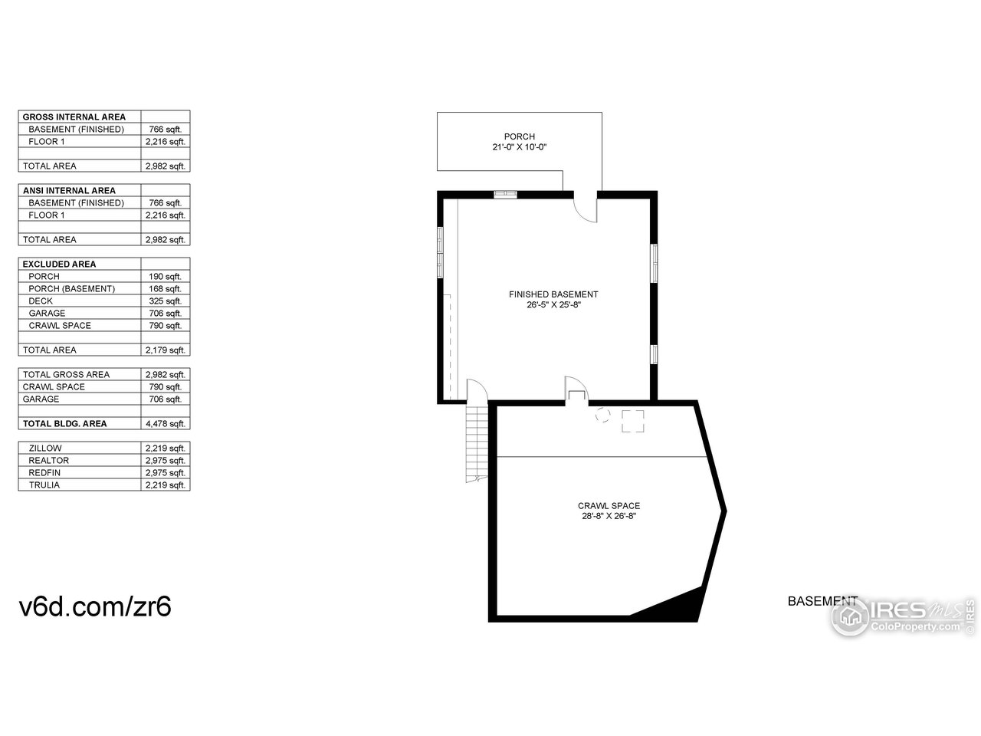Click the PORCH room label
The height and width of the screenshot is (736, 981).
coord(519,136)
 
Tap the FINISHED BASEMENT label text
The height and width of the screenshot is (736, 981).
coord(553,294)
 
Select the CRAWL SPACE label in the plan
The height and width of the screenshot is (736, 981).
coord(609,506)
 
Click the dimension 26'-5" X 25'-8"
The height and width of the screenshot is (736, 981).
coord(553,304)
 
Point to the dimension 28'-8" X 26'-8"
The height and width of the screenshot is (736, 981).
coord(609,516)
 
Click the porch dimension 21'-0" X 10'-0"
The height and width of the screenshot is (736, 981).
coord(519,147)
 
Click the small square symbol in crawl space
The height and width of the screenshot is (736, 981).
coord(632,421)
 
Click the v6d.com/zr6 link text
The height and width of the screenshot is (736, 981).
coord(95,607)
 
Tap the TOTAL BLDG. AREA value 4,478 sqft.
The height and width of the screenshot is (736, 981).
coord(166,424)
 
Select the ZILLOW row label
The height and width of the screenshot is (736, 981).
coord(45,449)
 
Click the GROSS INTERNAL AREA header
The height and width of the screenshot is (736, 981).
coord(74,117)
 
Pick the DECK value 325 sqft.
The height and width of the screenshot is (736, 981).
coord(166,301)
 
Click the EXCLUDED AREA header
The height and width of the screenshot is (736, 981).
coord(59,264)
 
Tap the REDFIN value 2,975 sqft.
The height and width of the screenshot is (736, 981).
coord(166,473)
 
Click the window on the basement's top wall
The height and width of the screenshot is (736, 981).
coord(505,194)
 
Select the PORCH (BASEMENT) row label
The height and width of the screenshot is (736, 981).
coord(72,289)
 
